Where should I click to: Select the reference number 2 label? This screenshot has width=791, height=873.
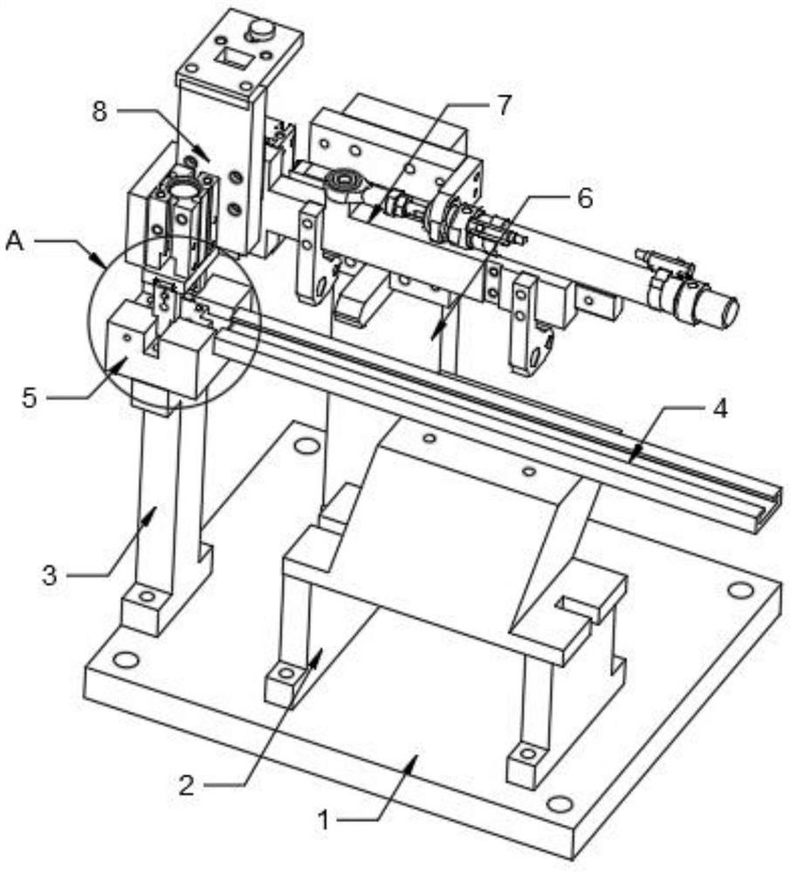[187, 786]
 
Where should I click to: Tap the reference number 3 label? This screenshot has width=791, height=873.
[51, 575]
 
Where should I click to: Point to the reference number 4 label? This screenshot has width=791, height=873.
[720, 409]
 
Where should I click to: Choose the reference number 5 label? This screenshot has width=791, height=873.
[30, 398]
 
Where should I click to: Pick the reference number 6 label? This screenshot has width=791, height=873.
[584, 199]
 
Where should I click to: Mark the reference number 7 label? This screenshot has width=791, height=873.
[504, 106]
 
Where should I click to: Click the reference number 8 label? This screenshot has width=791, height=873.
[99, 112]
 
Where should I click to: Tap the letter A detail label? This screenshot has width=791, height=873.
[15, 241]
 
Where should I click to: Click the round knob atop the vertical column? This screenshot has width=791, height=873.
[261, 30]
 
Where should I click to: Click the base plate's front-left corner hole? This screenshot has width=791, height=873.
[126, 660]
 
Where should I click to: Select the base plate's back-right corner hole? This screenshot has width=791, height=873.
[739, 590]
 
